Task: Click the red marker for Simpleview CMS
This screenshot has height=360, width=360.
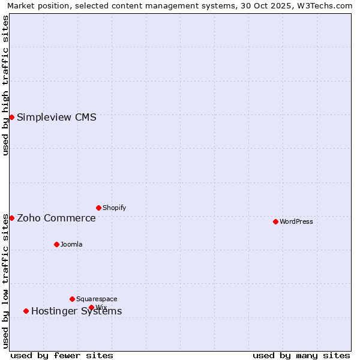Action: coord(11,117)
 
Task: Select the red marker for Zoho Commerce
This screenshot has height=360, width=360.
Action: coord(11,218)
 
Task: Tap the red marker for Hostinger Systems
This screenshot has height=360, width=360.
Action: coord(26,311)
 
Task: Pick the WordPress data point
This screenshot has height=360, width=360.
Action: coord(275,221)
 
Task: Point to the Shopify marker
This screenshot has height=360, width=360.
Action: coord(98,208)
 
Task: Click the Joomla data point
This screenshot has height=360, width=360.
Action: coord(56,244)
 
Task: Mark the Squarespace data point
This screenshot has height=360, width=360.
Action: coord(72,299)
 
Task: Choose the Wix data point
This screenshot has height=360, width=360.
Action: coord(91,307)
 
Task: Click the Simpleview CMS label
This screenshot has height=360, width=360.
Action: coord(56,117)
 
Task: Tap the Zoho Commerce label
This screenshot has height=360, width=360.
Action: coord(56,218)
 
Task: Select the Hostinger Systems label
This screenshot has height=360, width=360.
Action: coord(76,311)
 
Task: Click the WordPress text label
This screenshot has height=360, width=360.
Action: coord(296,221)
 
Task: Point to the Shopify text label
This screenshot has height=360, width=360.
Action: coord(114,208)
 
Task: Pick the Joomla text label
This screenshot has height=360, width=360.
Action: coord(71,244)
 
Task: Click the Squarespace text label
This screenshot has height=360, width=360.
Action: coord(97,299)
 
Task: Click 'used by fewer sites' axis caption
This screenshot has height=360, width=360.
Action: coord(62,355)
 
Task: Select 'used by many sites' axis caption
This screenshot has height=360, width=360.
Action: coord(301,355)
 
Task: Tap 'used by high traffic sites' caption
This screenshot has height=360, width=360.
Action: coord(6,85)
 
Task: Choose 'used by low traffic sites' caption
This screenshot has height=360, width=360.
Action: coord(6,281)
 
